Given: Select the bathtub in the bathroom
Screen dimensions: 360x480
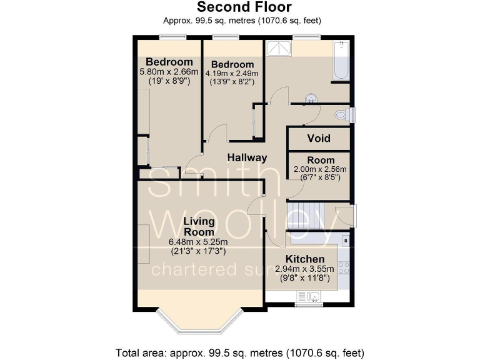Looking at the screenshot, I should [341, 61].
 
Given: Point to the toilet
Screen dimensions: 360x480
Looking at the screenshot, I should [342, 114].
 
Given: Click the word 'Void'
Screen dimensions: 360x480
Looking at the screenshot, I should [319, 138].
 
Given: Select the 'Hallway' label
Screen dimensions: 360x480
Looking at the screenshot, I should [247, 157].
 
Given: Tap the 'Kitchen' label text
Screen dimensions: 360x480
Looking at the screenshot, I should [305, 259].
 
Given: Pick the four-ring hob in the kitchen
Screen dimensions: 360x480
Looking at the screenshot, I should [344, 267].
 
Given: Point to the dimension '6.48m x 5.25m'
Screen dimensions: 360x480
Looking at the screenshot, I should [197, 242].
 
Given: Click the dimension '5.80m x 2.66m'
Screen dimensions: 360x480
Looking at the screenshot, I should [169, 72].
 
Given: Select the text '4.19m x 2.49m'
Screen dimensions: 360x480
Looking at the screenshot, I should [232, 73].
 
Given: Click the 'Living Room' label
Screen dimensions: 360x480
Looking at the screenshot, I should [198, 226].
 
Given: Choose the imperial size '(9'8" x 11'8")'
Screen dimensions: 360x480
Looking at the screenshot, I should [305, 278].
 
